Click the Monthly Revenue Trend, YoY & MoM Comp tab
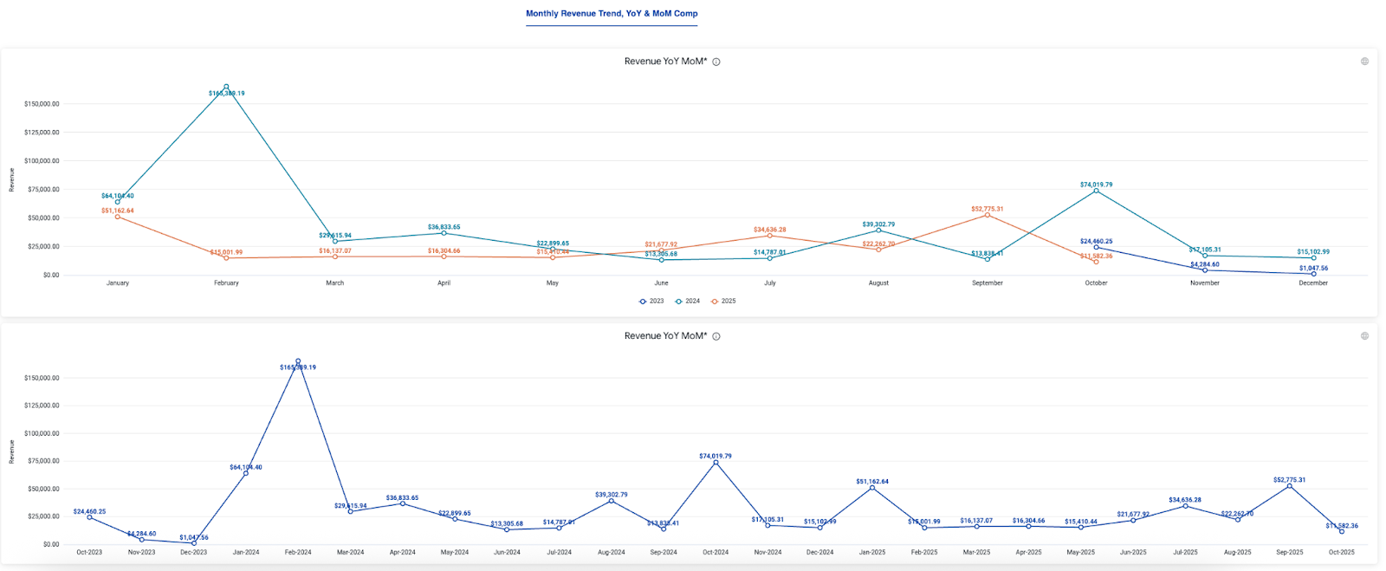612,14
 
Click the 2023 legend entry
651,302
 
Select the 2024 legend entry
688,302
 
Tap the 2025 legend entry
723,302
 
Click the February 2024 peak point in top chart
226,87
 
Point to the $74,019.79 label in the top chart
1096,185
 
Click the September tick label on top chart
987,283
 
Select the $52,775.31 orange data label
987,209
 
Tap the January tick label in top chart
118,283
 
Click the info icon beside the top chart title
716,62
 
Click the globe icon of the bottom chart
1364,336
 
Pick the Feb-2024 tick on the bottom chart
298,552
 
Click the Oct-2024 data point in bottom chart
716,463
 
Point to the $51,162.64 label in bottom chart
872,481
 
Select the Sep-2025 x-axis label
1289,552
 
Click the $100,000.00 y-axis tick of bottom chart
42,433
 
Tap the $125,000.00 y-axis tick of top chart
42,133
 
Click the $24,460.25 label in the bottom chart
89,511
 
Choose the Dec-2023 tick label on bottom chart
193,552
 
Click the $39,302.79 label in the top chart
878,224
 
